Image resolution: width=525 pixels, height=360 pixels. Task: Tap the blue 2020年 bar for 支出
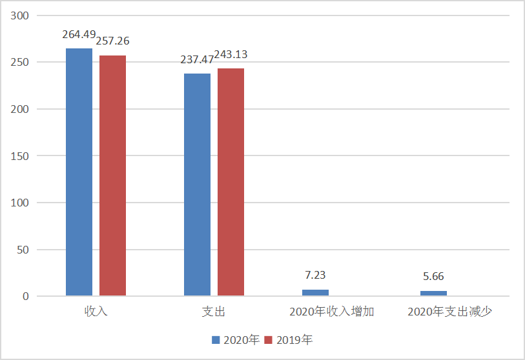click(x=197, y=185)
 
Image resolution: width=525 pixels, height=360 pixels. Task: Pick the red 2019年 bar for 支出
click(x=231, y=182)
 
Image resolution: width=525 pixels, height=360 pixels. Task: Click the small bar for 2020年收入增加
click(x=315, y=293)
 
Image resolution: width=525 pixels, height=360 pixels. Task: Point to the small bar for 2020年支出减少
click(x=433, y=294)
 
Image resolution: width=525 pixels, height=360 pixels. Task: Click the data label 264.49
click(x=78, y=35)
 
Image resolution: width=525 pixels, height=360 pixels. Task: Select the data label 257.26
click(x=113, y=41)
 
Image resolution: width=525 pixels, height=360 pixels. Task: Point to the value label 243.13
click(x=231, y=55)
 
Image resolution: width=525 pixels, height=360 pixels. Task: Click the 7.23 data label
click(x=315, y=275)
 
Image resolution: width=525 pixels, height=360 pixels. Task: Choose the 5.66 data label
click(x=433, y=277)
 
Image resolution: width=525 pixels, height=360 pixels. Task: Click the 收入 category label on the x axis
click(x=96, y=312)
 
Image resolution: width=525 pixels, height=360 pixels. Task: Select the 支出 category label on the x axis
click(x=214, y=312)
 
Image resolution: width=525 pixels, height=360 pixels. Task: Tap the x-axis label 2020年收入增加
click(x=332, y=312)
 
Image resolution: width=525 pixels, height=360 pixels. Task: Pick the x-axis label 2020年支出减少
click(x=450, y=312)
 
